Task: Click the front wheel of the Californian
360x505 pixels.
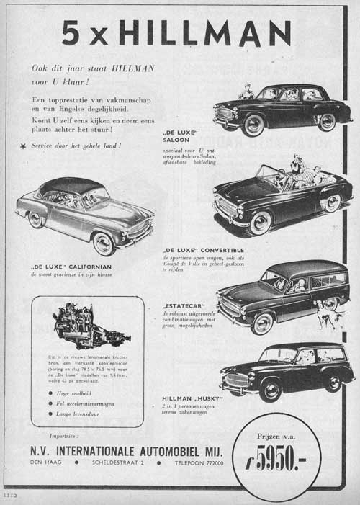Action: click(x=103, y=243)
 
